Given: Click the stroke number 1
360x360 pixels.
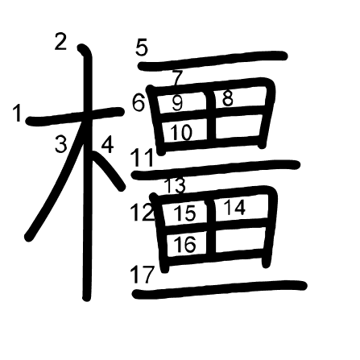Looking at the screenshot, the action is [x=18, y=114].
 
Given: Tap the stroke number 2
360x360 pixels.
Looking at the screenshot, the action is [x=60, y=42].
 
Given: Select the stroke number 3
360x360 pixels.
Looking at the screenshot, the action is [x=61, y=144].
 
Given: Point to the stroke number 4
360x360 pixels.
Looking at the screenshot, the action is [x=107, y=145].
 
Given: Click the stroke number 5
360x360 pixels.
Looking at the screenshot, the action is [x=142, y=48].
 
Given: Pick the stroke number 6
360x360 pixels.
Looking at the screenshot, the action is [x=139, y=103].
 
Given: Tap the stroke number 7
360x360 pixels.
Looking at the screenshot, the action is [x=178, y=78].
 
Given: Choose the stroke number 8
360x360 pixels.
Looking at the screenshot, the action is [x=228, y=98].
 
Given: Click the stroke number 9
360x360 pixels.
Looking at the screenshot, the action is [x=177, y=103].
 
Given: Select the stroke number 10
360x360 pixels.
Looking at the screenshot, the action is [x=181, y=132].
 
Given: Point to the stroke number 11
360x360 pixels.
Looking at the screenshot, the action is [x=143, y=158].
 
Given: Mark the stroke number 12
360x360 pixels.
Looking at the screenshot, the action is [x=143, y=213].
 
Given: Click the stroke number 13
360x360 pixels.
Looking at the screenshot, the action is [x=175, y=185].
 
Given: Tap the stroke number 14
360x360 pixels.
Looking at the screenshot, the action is [x=234, y=208].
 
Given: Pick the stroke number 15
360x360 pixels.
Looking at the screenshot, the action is [x=185, y=213].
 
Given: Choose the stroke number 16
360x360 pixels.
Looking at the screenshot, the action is [x=185, y=244].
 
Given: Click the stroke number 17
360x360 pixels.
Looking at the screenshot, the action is [x=143, y=275].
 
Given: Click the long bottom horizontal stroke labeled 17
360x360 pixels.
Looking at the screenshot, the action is [x=219, y=290].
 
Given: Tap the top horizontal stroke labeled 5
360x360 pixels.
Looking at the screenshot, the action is [x=213, y=60].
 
